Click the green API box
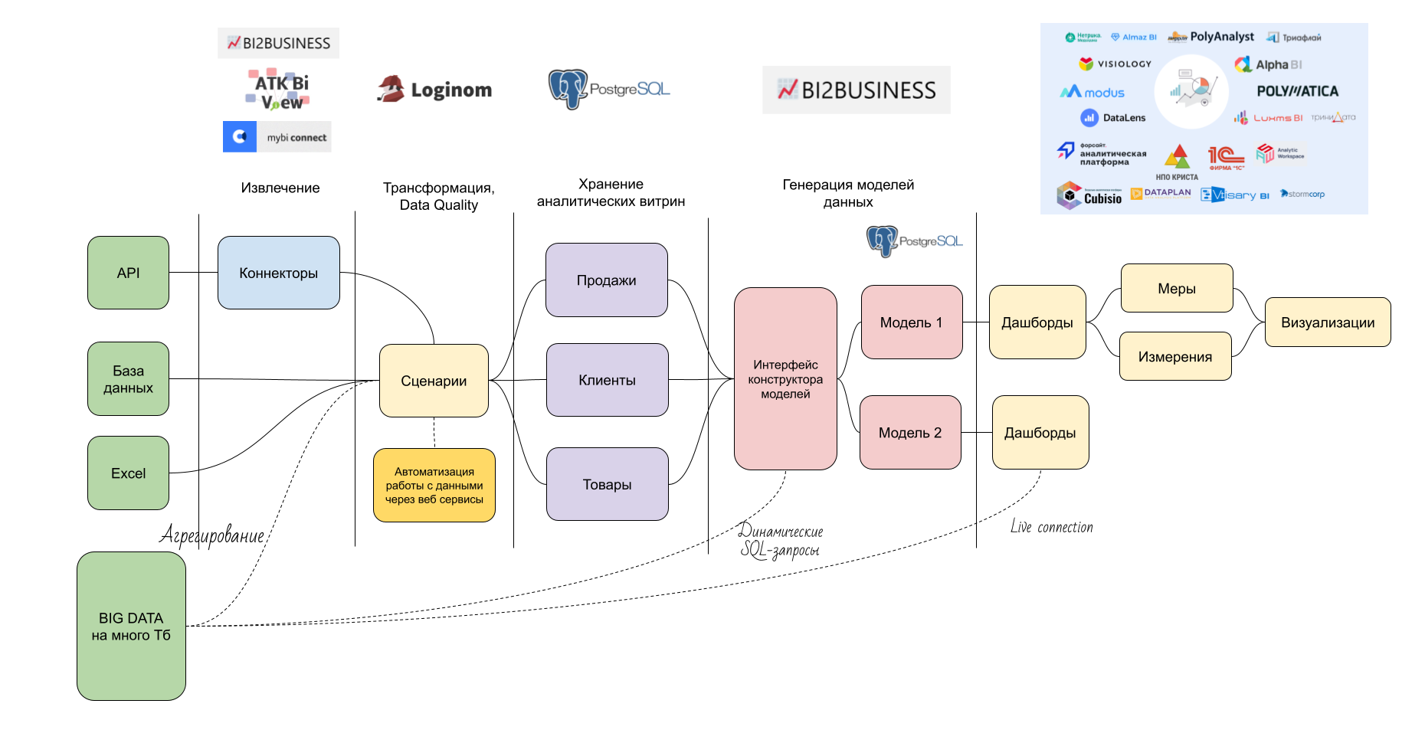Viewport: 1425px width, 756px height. (x=128, y=273)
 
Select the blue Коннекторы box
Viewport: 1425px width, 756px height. (x=278, y=273)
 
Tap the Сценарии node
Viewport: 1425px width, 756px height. (x=434, y=381)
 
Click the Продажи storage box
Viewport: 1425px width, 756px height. (x=606, y=280)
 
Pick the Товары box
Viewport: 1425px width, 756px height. (x=607, y=484)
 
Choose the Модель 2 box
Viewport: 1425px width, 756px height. (x=910, y=433)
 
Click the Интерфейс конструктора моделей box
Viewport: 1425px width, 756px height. (x=785, y=379)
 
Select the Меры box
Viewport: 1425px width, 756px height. (x=1177, y=289)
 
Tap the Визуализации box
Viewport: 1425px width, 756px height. (x=1328, y=322)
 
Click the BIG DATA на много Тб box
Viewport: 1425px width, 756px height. (x=131, y=626)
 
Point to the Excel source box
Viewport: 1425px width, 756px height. (x=128, y=473)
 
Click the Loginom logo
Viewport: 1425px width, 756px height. (x=435, y=90)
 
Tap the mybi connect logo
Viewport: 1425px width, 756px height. (x=277, y=137)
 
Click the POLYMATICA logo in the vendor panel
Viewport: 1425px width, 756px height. (x=1297, y=91)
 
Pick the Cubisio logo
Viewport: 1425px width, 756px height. (x=1089, y=196)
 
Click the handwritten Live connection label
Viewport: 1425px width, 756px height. (x=1051, y=527)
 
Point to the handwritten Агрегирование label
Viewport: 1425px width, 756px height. (x=212, y=535)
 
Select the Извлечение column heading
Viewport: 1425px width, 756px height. (x=280, y=188)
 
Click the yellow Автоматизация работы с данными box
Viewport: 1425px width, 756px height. (x=434, y=486)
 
